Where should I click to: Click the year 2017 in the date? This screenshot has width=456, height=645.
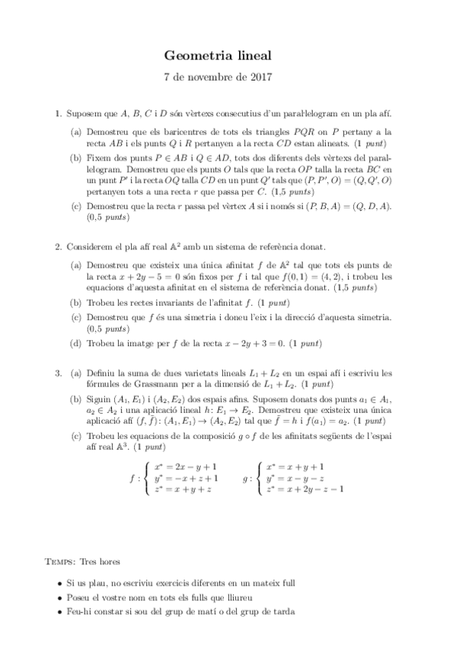pyautogui.click(x=260, y=78)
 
